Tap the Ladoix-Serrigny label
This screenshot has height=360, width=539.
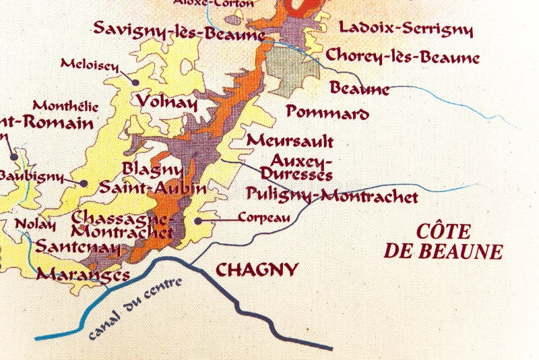point(406,28)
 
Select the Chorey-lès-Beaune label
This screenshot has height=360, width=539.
point(402,56)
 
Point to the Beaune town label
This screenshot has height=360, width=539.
point(359,88)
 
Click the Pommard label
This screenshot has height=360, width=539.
point(327,112)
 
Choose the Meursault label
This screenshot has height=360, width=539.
point(290,141)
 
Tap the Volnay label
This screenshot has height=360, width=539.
point(166,102)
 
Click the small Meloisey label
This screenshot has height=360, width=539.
point(89,65)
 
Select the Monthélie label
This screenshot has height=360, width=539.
point(65,107)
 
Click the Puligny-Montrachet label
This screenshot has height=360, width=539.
point(332,196)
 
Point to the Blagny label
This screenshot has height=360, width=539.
point(152,169)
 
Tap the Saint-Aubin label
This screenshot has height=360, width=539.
point(153,188)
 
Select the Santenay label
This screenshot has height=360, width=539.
point(77,247)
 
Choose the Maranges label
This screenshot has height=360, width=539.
point(83,274)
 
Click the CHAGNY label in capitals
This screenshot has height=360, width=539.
point(256,270)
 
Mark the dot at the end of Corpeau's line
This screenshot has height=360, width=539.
point(197,220)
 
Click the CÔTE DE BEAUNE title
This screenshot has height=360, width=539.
point(443,241)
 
